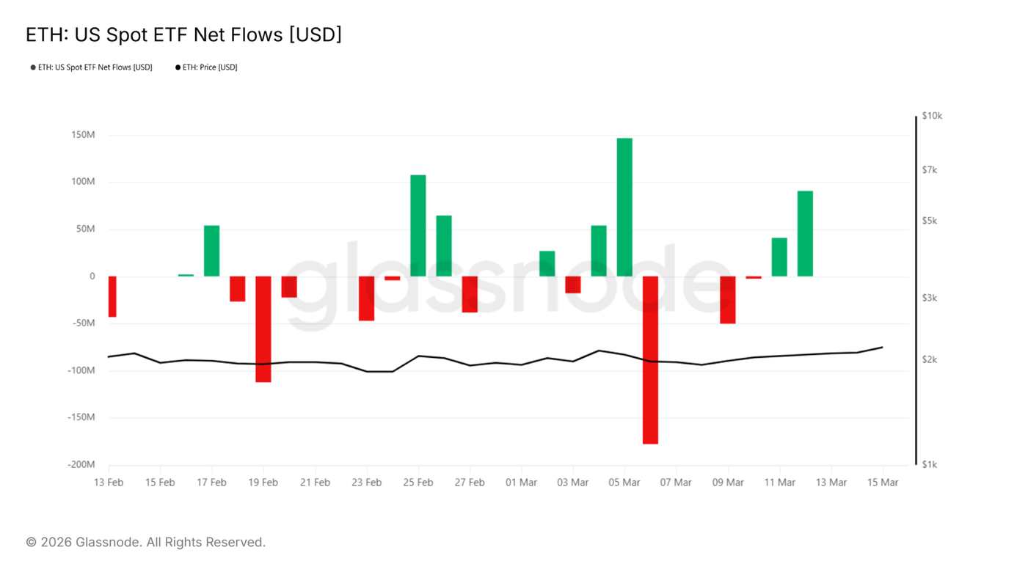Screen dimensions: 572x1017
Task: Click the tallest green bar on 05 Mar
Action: [624, 207]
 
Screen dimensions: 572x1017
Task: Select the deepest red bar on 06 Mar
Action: [650, 360]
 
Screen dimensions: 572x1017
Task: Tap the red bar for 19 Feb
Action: [263, 329]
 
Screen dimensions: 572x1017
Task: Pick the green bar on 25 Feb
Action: [418, 226]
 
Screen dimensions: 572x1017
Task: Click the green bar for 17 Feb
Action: [212, 251]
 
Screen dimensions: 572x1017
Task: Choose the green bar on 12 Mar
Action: [805, 233]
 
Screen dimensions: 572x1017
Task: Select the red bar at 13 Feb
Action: [112, 296]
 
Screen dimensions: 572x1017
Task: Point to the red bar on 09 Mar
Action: [728, 300]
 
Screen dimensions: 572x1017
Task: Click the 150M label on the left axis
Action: [83, 135]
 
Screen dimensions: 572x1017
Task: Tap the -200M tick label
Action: [81, 464]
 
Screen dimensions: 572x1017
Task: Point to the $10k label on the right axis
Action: [932, 116]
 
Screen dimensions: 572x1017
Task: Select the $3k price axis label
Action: [930, 298]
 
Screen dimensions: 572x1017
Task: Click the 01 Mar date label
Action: [522, 483]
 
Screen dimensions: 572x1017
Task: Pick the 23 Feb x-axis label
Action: [367, 483]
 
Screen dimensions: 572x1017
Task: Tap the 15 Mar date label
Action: [883, 483]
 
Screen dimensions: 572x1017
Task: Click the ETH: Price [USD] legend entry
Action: [206, 67]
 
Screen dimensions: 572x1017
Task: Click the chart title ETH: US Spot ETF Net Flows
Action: [183, 34]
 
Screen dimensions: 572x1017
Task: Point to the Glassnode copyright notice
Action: [145, 542]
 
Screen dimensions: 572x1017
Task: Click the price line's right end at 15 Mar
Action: [882, 348]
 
